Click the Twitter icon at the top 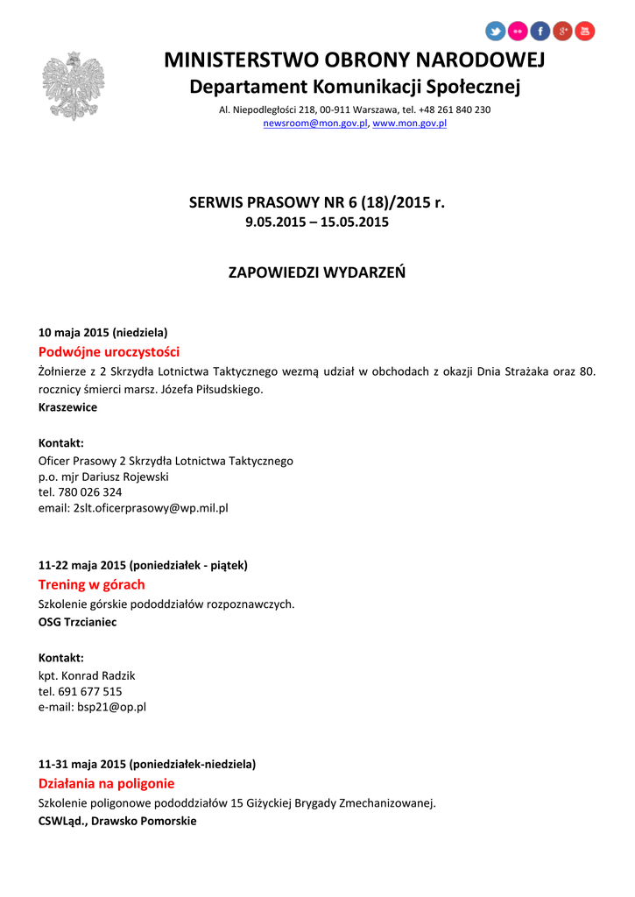tap(496, 32)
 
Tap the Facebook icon tap(540, 32)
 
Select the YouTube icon tap(584, 32)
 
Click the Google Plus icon tap(562, 32)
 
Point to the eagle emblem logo tap(74, 85)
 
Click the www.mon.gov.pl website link tap(410, 124)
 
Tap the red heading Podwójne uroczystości tap(109, 351)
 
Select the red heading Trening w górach tap(91, 584)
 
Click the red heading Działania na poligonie tap(106, 783)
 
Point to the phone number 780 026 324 tap(91, 492)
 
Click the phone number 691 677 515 tap(91, 691)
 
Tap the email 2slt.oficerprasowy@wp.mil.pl tap(151, 508)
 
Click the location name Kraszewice tap(67, 407)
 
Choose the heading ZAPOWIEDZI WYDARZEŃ tap(317, 272)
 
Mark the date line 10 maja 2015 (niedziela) tap(102, 333)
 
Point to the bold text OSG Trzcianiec tap(77, 622)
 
